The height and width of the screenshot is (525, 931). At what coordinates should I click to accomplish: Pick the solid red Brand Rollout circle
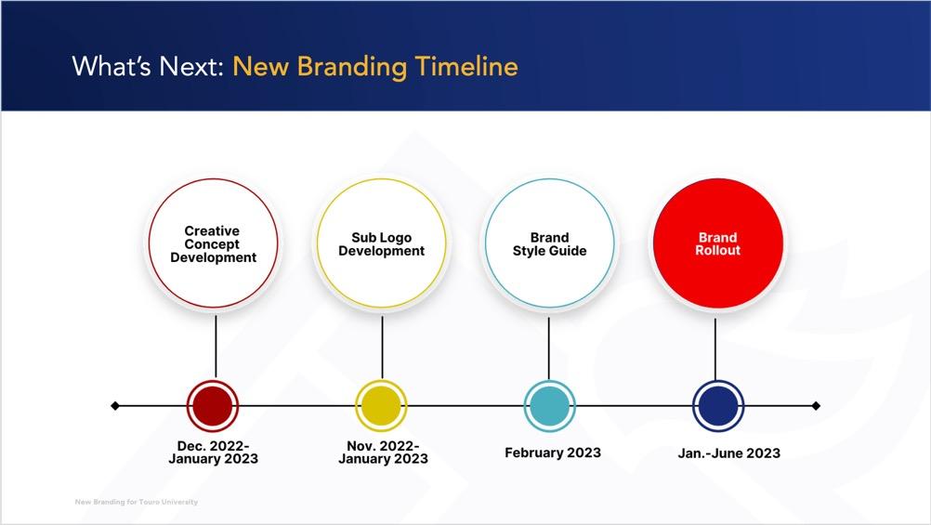718,243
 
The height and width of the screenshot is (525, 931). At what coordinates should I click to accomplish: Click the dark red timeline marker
213,406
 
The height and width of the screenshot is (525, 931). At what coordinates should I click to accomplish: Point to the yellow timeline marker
381,406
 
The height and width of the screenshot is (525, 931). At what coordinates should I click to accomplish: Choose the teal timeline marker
550,406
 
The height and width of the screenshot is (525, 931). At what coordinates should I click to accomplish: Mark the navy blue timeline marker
718,406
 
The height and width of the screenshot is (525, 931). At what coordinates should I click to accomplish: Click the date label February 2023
553,453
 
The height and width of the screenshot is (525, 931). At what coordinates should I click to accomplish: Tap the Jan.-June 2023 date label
729,453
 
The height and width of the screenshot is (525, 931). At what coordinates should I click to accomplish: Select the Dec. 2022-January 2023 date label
213,452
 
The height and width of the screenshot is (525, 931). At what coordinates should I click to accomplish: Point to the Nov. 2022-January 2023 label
383,452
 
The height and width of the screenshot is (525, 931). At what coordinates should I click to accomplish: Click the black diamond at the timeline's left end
115,406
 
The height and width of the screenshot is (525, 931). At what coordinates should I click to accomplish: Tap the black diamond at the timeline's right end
816,406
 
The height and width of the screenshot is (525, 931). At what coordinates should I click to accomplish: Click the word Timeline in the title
466,66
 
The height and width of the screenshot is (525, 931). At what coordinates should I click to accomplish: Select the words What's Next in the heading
147,66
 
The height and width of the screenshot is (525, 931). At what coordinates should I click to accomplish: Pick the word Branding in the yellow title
352,67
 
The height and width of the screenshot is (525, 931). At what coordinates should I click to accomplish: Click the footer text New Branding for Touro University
137,502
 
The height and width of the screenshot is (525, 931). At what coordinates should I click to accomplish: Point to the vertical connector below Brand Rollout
715,349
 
